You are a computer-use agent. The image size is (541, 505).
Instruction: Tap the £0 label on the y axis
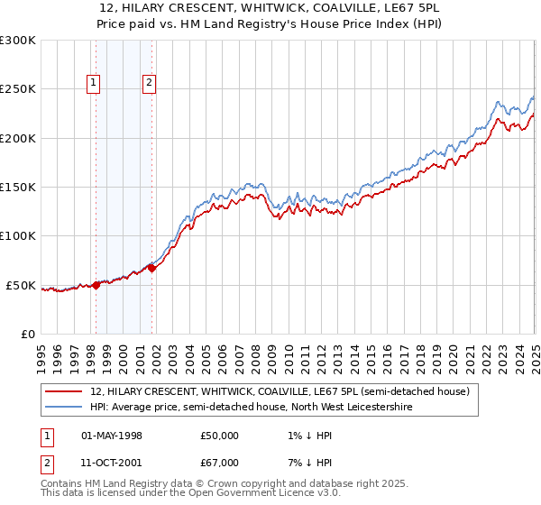tap(26, 334)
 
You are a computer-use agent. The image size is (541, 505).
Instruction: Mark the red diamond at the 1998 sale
tap(96, 285)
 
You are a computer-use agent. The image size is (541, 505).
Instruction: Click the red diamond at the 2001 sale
tap(151, 268)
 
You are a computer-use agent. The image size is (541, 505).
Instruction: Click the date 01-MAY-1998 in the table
tap(112, 436)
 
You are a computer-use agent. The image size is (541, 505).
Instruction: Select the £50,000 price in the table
tap(220, 436)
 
